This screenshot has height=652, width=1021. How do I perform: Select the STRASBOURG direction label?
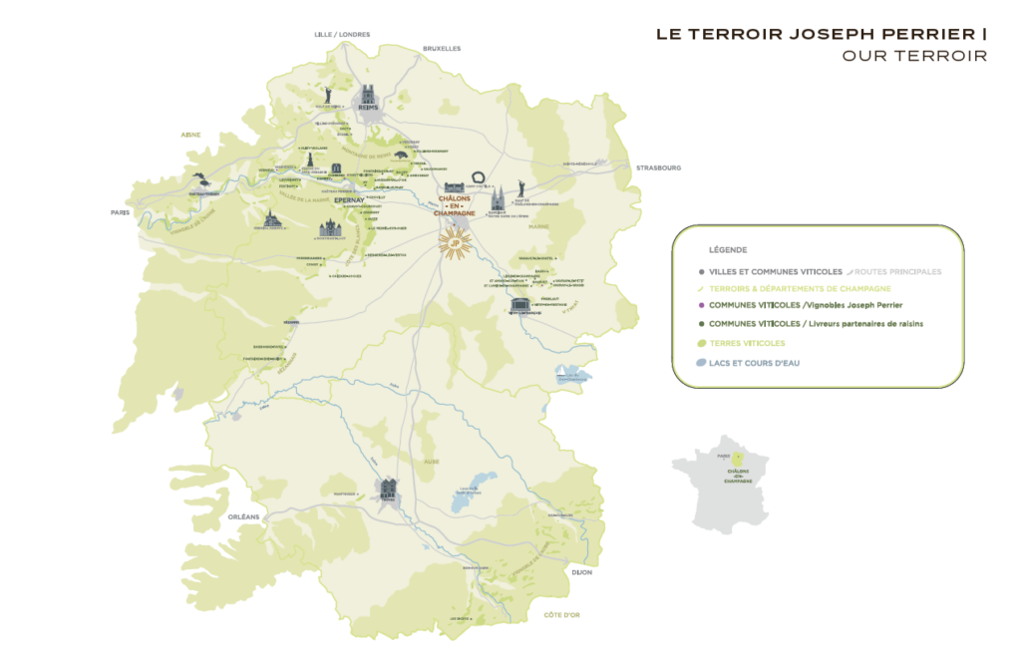[658, 168]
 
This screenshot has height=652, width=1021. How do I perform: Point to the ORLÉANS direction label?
[243, 516]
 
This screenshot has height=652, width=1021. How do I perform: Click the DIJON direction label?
[582, 572]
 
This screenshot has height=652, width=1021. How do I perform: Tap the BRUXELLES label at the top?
[442, 48]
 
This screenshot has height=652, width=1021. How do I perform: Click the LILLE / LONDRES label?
[342, 34]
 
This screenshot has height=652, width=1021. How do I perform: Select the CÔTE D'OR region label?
[561, 615]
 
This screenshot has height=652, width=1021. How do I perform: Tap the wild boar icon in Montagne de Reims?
[403, 156]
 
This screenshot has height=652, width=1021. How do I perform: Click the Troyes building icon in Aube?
[388, 489]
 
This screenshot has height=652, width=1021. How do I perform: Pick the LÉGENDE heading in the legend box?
[727, 250]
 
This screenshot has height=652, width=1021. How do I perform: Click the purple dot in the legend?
[702, 305]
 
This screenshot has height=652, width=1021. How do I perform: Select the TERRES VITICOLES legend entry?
[747, 343]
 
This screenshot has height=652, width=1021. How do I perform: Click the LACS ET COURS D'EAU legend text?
[754, 363]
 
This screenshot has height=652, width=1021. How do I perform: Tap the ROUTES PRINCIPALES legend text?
[897, 271]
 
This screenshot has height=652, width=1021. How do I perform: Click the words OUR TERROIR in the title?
[914, 56]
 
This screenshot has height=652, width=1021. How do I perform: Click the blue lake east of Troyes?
[465, 492]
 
